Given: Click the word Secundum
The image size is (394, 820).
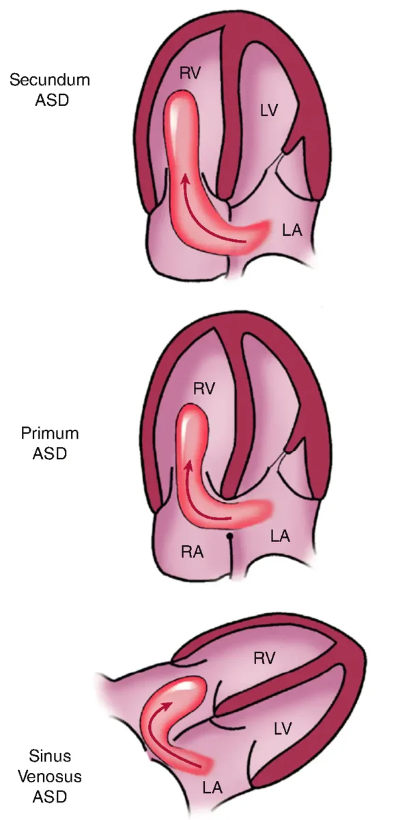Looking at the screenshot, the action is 50,80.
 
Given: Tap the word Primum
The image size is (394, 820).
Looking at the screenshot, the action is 50,433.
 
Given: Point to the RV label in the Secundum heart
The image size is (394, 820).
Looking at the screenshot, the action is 191,74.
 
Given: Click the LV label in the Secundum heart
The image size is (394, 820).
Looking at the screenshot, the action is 269,110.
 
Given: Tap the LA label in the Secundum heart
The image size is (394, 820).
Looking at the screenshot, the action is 292,230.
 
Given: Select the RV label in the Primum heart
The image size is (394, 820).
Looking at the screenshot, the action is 204,389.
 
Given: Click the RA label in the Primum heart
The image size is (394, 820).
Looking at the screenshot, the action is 193,551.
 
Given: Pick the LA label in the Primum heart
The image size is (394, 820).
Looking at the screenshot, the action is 280,536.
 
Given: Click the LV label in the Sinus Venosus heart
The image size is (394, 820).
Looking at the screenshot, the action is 283,728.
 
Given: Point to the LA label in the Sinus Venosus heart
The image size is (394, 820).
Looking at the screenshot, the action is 213,788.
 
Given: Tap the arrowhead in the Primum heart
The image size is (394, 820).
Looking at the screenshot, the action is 188,466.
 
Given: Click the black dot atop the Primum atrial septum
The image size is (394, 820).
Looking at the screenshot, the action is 229,536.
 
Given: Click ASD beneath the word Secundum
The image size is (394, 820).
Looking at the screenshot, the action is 52,100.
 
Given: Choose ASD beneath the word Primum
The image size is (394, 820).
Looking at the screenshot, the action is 50,454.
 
